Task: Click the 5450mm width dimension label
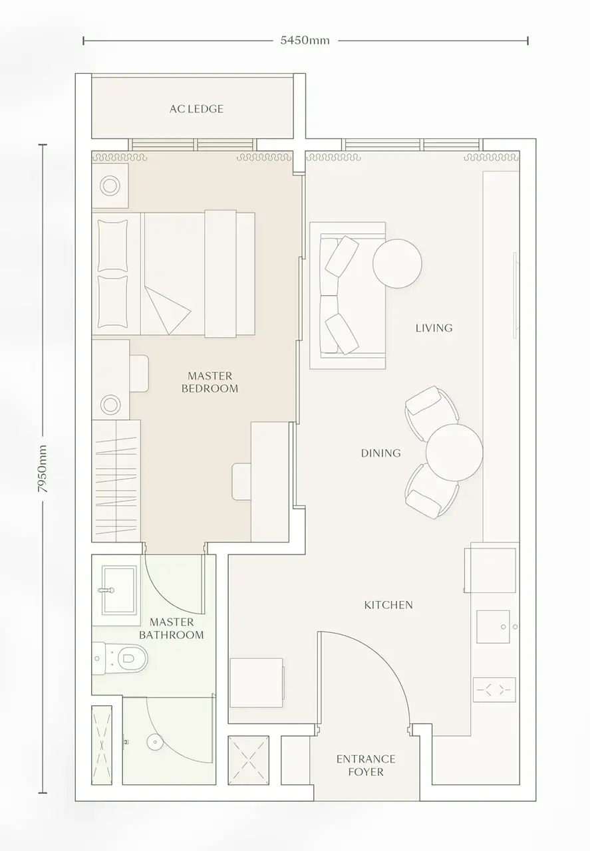tap(305, 41)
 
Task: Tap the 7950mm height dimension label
tap(43, 469)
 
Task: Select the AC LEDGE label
tap(196, 109)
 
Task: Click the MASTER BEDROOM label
tap(210, 382)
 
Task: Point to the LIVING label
tap(434, 328)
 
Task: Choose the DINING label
tap(380, 453)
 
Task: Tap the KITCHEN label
tap(388, 605)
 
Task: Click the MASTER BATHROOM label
tap(172, 628)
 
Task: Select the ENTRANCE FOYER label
tap(365, 765)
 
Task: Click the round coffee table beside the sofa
tap(397, 263)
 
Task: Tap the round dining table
tap(454, 452)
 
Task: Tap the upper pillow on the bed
tap(112, 245)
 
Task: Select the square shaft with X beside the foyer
tap(248, 761)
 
